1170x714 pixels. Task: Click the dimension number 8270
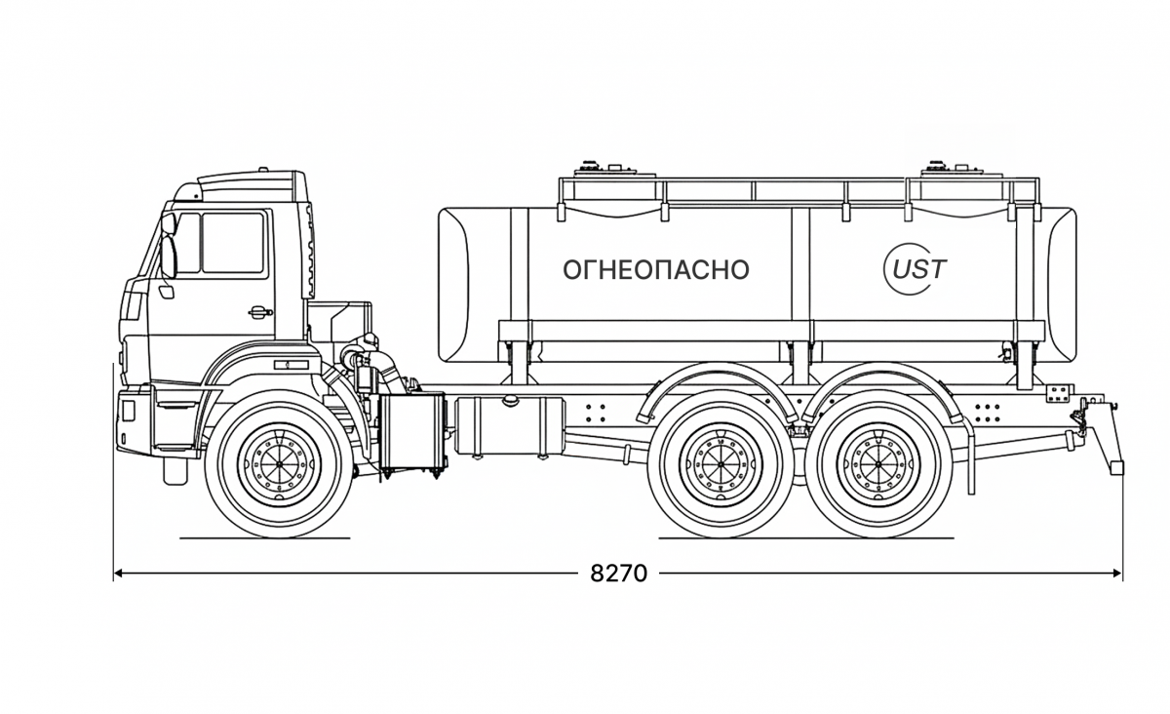(618, 574)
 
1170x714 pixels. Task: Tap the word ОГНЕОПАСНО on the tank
(656, 270)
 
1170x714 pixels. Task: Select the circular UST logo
(915, 268)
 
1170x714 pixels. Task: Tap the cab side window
(231, 244)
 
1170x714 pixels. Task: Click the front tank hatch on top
(590, 167)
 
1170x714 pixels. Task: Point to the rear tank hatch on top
(940, 167)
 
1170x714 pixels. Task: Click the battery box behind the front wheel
(412, 433)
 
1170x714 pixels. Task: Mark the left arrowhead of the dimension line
(119, 574)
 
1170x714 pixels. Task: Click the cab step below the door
(175, 471)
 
